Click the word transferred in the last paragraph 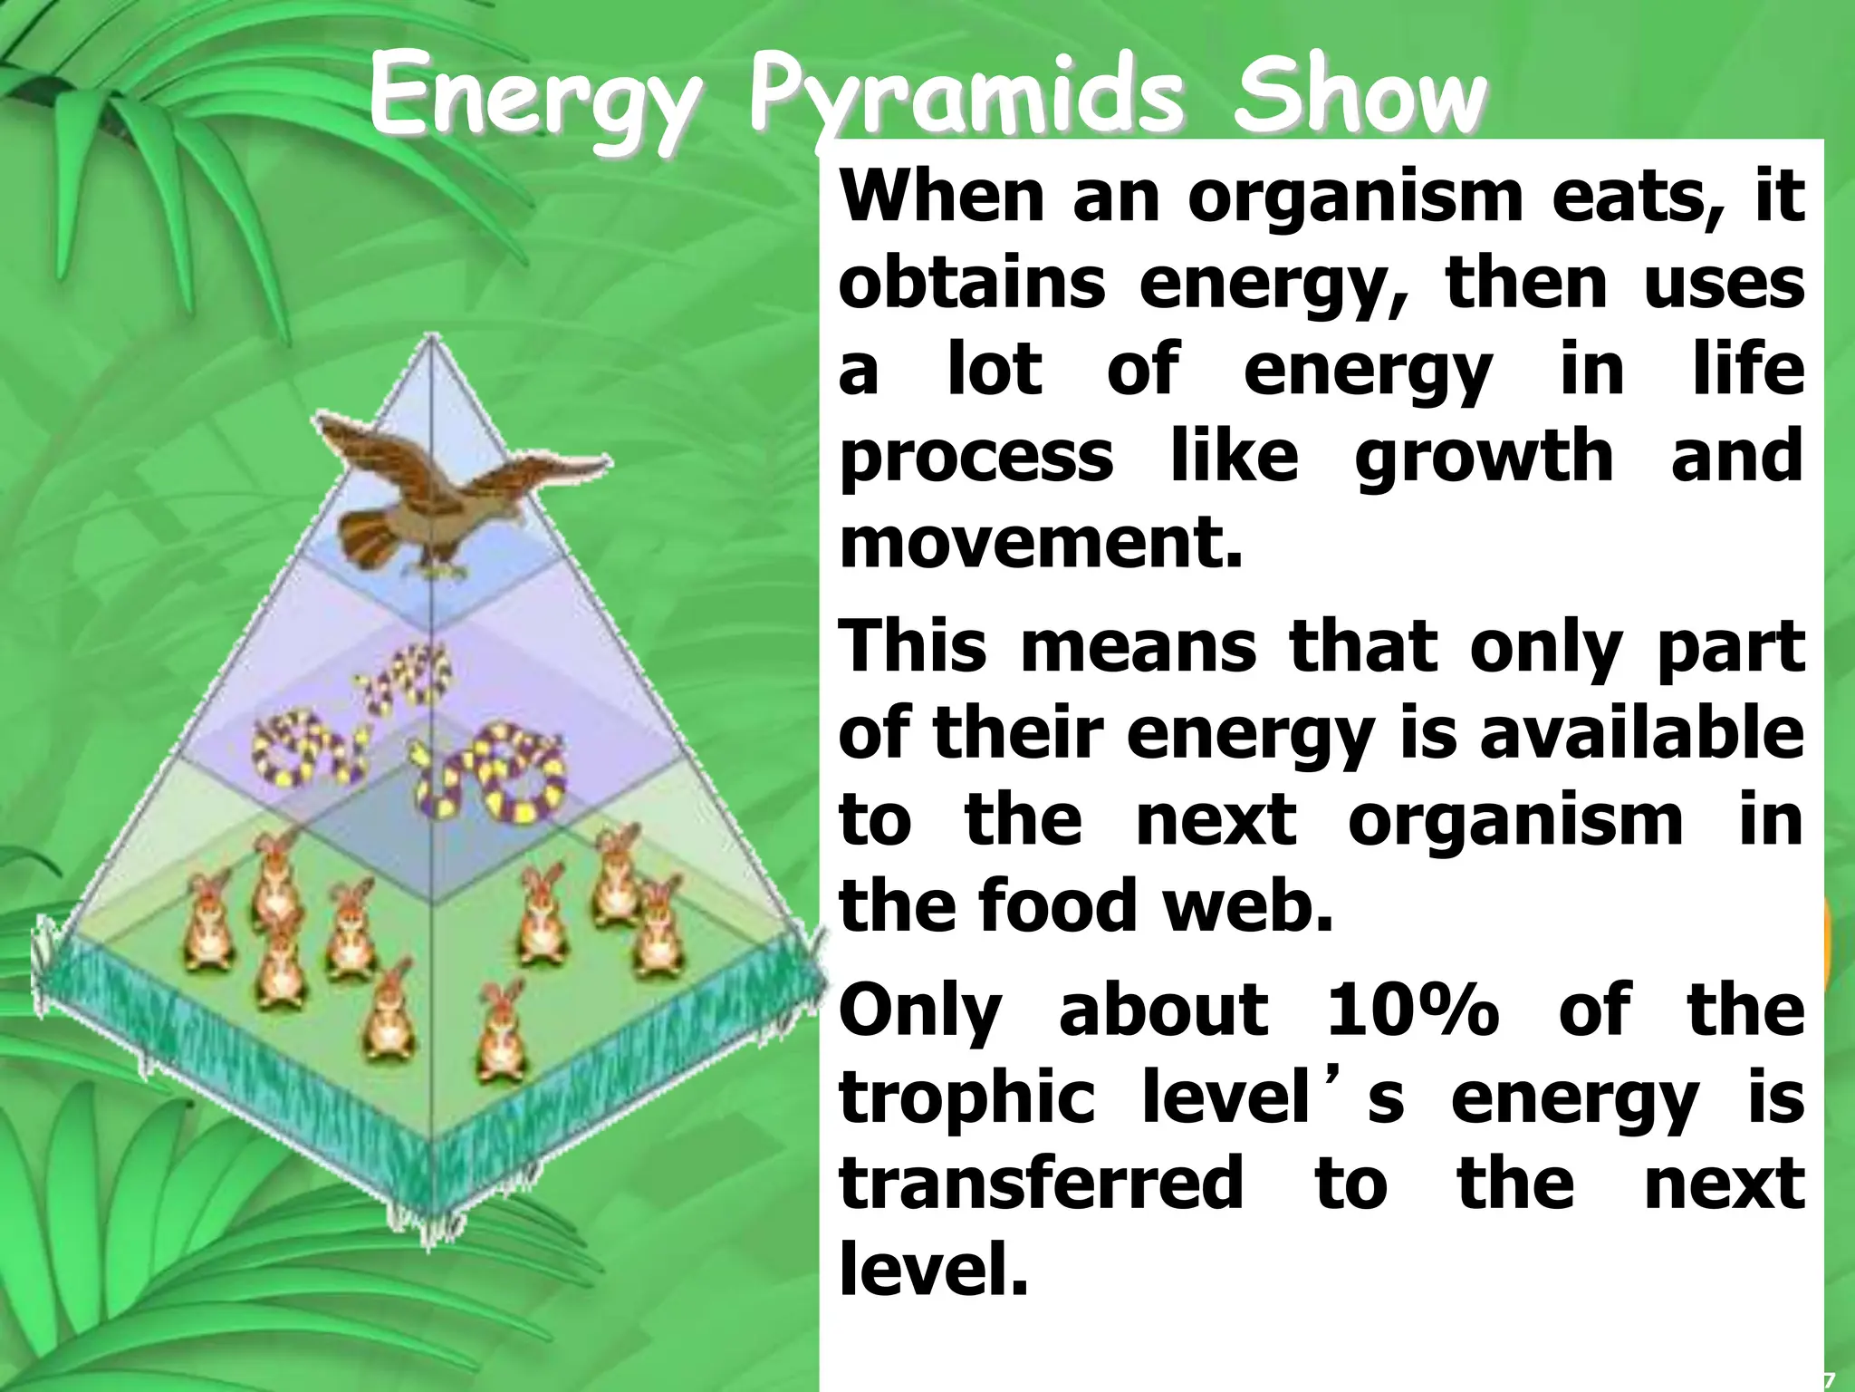[x=1041, y=1184]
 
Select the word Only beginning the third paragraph [x=920, y=1010]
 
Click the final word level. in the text [x=934, y=1269]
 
